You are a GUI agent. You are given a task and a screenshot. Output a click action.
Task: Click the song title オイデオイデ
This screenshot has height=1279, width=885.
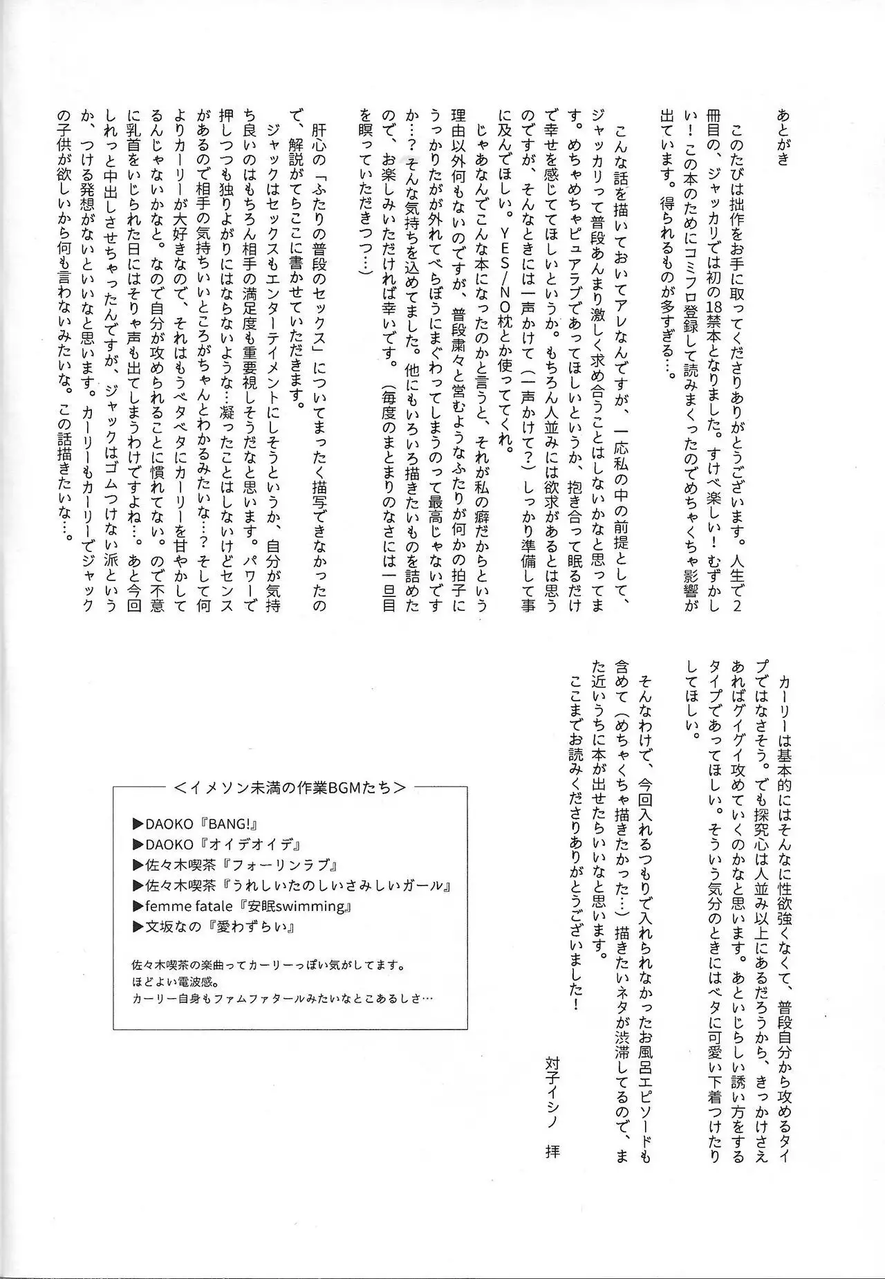click(x=249, y=845)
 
